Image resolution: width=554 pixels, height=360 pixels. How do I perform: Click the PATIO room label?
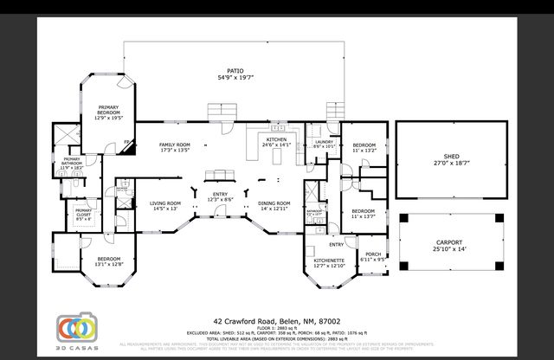235,71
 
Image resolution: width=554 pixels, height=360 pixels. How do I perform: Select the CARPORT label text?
448,242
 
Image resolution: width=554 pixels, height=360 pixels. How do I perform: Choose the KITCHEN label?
277,139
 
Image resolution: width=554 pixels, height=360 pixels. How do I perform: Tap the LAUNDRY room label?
324,142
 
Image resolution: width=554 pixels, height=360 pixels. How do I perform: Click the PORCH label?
373,254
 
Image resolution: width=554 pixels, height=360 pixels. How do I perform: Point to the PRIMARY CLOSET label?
84,213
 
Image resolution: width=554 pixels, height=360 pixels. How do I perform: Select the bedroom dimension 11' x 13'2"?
364,150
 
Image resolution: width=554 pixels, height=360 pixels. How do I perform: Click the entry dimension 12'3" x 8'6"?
220,199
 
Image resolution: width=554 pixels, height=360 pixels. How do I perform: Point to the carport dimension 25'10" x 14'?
448,249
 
